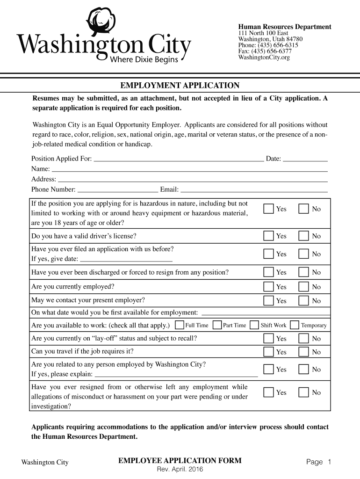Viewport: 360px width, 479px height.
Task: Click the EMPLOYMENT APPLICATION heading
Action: [x=180, y=86]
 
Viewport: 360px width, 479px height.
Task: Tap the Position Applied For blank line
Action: [x=179, y=159]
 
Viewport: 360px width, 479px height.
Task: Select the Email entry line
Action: [x=254, y=190]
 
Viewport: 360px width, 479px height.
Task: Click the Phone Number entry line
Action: [x=118, y=190]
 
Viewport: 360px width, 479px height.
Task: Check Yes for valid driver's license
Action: [x=268, y=236]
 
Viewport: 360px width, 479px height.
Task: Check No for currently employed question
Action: [x=304, y=286]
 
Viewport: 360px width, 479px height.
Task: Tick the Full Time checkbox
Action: [x=180, y=325]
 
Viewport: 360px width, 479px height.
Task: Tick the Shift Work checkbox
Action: [x=254, y=325]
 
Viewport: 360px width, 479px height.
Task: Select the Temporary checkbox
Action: [x=295, y=325]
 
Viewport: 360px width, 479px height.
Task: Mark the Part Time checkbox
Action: [x=217, y=325]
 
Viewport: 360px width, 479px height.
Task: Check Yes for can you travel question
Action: [x=268, y=351]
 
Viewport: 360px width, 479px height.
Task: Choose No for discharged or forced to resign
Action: [x=304, y=272]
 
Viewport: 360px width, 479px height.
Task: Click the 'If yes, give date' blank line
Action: [x=126, y=260]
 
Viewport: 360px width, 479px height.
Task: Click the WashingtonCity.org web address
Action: [x=264, y=58]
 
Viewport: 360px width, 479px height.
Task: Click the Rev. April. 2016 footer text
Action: [x=180, y=470]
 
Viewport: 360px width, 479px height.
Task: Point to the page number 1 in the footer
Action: [x=329, y=462]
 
